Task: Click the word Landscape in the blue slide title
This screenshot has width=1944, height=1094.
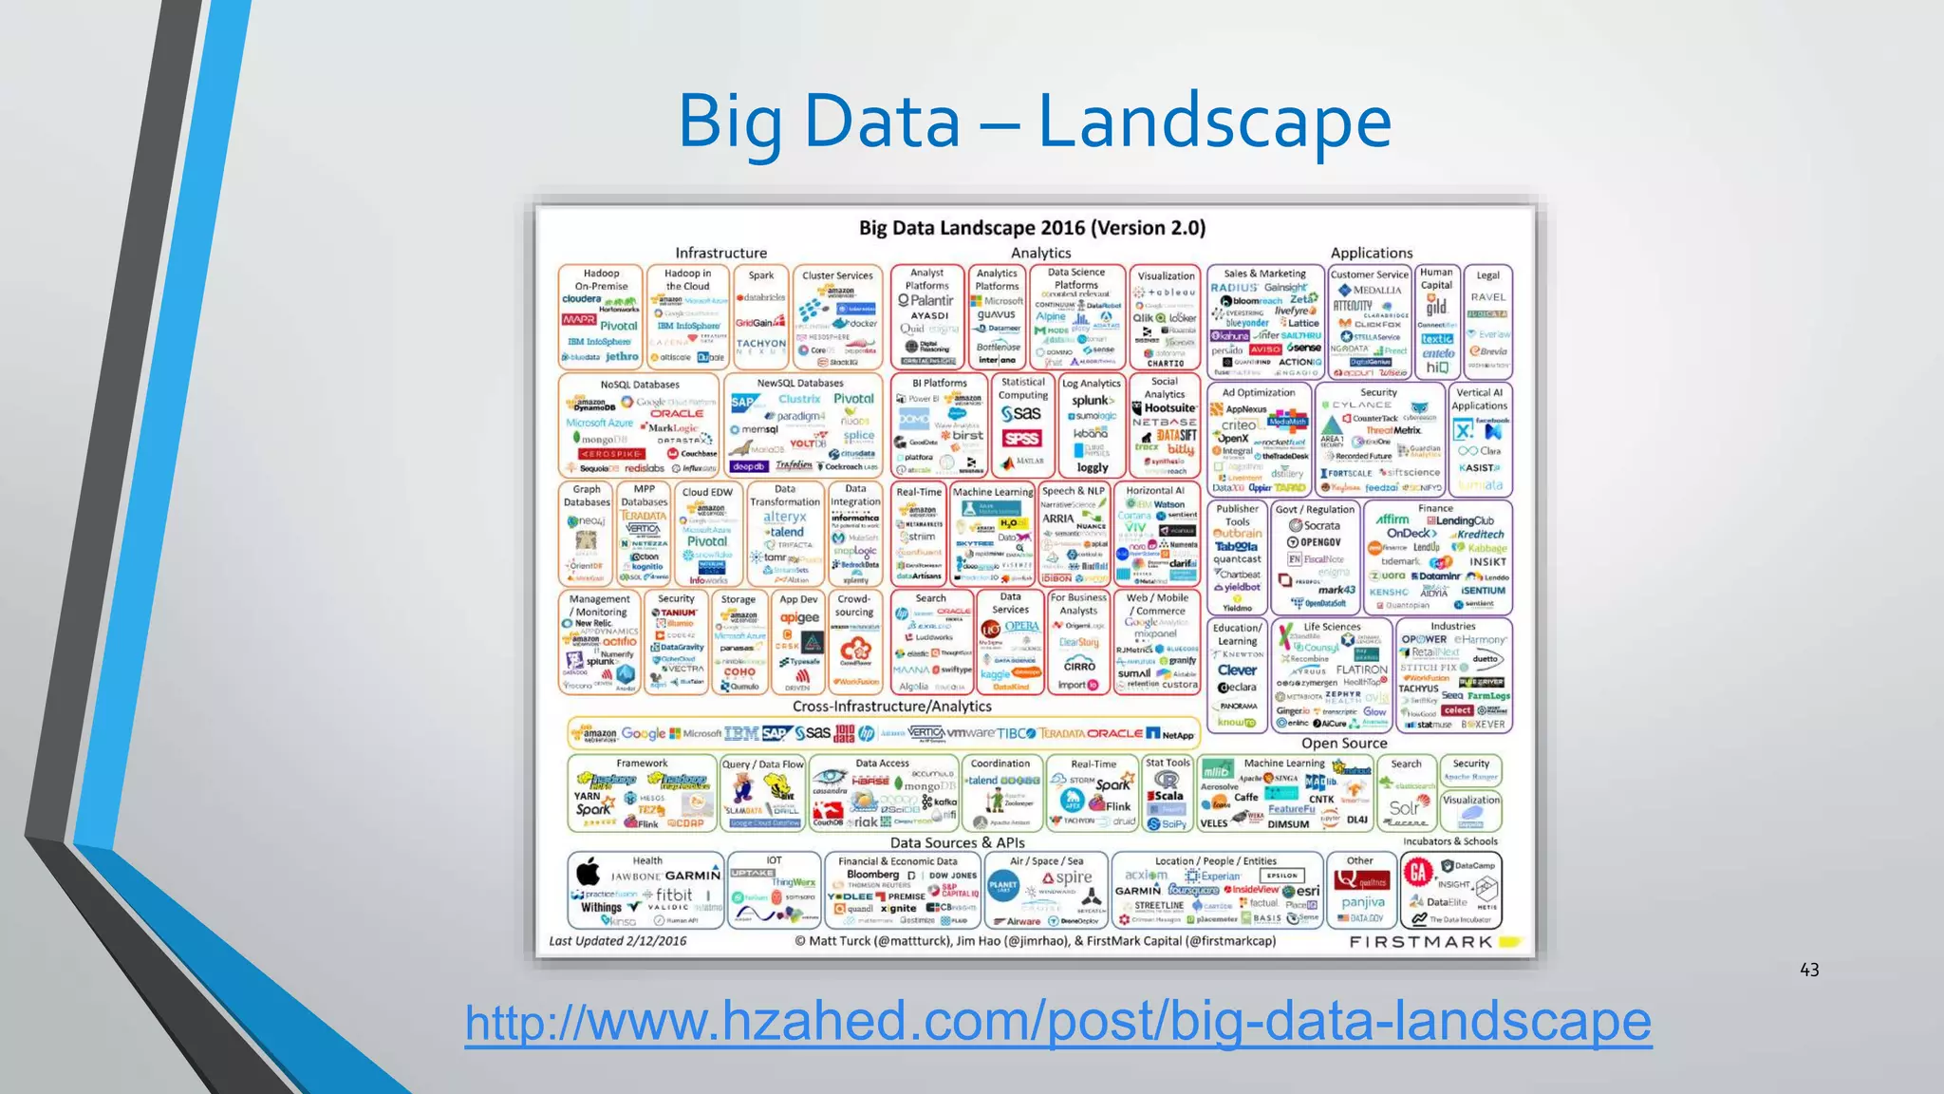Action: [x=1214, y=122]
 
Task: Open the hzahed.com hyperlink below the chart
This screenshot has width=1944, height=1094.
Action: [x=1057, y=1022]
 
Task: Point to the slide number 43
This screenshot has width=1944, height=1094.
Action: [x=1809, y=970]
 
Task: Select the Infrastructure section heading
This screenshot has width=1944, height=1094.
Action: [x=720, y=253]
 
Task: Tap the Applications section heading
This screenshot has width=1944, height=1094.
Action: [x=1371, y=253]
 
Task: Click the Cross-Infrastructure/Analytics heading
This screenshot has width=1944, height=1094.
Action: [x=891, y=707]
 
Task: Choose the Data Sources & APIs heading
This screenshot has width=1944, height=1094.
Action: [x=957, y=842]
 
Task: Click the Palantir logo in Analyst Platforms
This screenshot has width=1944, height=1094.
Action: [x=925, y=300]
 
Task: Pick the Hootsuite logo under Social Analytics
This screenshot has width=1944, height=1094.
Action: [x=1169, y=408]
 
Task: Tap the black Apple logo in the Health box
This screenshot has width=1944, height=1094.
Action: [x=589, y=871]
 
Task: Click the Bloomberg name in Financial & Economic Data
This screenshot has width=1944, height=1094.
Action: [x=872, y=875]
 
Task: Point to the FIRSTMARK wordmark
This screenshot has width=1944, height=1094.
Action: [x=1421, y=942]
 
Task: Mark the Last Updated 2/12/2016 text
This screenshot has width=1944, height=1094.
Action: [x=617, y=941]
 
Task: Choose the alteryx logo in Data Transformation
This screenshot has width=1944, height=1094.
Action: [x=785, y=518]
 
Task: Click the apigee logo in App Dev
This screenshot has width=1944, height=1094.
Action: [x=799, y=617]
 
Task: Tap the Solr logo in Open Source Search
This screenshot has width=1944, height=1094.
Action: [x=1404, y=808]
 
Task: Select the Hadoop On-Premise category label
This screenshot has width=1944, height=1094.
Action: [x=601, y=279]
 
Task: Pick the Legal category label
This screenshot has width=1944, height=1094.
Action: [x=1487, y=275]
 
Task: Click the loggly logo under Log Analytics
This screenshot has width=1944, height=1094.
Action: [x=1093, y=467]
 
